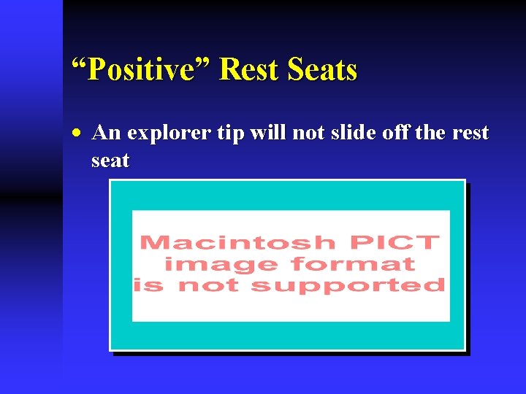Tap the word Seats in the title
322,71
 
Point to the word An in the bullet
107,134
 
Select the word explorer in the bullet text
161,134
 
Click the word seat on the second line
110,161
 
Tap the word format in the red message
353,263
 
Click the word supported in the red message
348,285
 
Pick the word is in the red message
149,285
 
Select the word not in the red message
209,285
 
